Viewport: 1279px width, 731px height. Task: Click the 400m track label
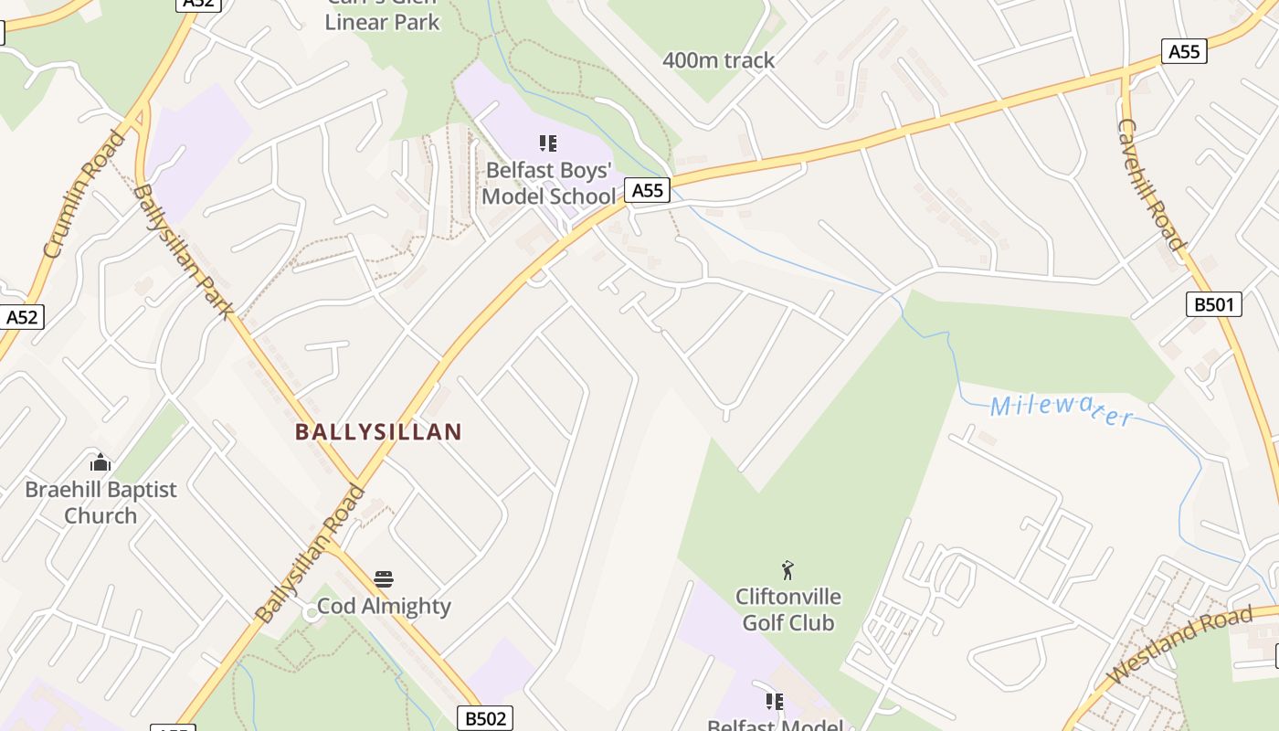click(x=718, y=60)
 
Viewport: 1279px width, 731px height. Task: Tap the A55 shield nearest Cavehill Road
click(x=1184, y=51)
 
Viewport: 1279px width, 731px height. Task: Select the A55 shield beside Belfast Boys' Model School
click(x=647, y=190)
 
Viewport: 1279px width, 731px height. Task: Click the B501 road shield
click(x=1214, y=304)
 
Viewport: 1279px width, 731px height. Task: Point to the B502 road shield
click(x=485, y=718)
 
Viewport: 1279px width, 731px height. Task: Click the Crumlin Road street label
click(x=83, y=194)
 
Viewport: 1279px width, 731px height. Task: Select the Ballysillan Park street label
click(x=184, y=251)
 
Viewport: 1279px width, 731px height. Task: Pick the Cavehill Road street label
click(x=1150, y=184)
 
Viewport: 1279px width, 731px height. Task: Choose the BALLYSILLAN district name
click(x=378, y=432)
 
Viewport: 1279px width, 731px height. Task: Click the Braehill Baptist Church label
click(x=100, y=503)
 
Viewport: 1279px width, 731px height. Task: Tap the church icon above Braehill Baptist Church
click(x=100, y=461)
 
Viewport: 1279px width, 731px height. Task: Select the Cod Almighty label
click(x=384, y=606)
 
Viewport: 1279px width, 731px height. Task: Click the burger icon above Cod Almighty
click(x=384, y=578)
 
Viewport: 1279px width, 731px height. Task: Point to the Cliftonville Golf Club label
click(x=787, y=609)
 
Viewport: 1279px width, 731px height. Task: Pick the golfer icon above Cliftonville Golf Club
click(x=787, y=571)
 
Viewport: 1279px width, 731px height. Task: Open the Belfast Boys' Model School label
click(x=548, y=183)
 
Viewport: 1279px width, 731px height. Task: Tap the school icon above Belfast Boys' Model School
click(x=548, y=143)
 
